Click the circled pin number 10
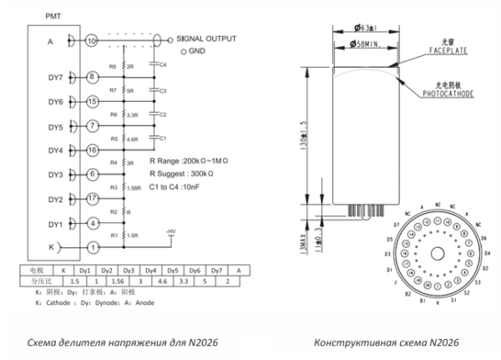coord(92,39)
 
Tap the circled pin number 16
coord(92,150)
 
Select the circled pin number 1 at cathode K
coord(92,247)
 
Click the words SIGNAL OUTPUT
coord(206,38)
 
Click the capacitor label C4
coord(164,63)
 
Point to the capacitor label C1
coord(164,138)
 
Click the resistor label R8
coord(113,65)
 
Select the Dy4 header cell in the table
coord(150,271)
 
